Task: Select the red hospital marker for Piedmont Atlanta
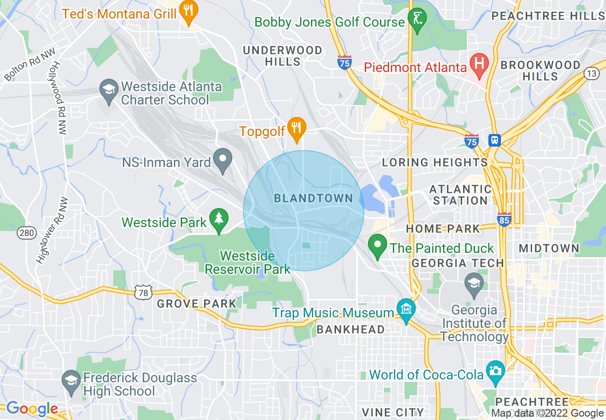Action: click(478, 63)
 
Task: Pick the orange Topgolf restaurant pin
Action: click(297, 128)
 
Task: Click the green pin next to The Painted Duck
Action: click(378, 245)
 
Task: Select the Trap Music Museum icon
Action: click(406, 309)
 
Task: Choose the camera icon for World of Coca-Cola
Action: click(495, 371)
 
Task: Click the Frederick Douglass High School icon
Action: click(71, 381)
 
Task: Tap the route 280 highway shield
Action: click(26, 233)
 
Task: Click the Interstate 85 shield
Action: click(504, 219)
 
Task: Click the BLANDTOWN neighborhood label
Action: click(314, 199)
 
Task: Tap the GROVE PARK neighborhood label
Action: click(196, 304)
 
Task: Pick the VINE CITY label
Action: click(393, 412)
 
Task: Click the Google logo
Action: click(32, 409)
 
